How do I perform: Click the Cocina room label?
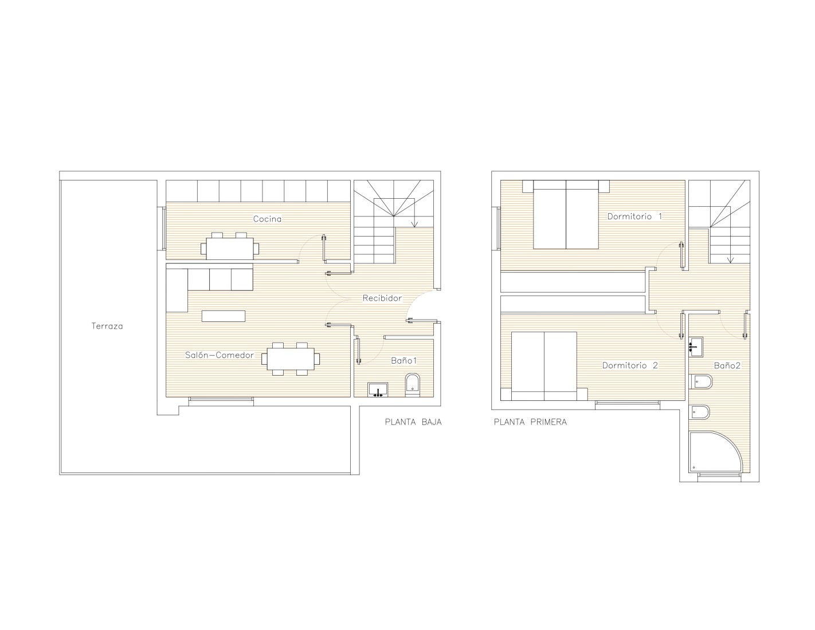267,219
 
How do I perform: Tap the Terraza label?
107,326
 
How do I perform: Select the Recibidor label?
382,298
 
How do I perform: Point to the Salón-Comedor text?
220,355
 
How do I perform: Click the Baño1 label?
404,361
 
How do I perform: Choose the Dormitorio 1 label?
634,216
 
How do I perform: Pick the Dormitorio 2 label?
630,365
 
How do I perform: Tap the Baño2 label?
727,365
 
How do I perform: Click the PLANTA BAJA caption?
413,422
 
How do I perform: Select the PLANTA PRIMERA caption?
530,422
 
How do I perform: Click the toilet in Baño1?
413,384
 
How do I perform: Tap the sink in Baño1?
378,389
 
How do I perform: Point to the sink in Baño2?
696,346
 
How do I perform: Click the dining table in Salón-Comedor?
291,359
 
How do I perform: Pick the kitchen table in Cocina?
230,249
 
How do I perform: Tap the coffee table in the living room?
224,316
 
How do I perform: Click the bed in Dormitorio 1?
566,214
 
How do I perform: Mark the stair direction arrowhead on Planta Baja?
414,225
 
